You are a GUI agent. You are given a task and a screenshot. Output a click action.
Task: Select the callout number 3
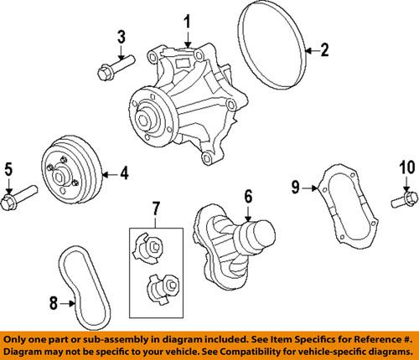pyautogui.click(x=122, y=36)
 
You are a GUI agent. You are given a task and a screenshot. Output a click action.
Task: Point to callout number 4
pyautogui.click(x=123, y=174)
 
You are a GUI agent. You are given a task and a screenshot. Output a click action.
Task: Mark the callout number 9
pyautogui.click(x=296, y=186)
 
